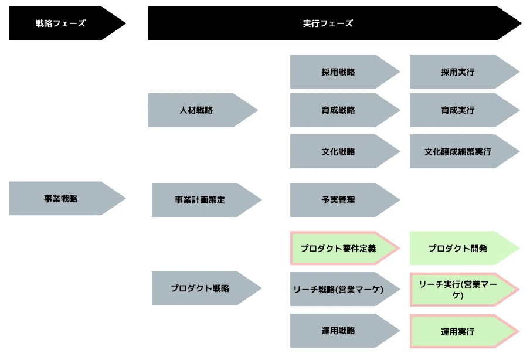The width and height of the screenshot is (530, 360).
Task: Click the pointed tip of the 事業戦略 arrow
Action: click(x=125, y=198)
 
